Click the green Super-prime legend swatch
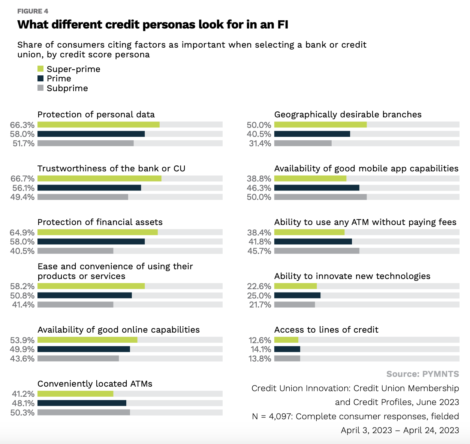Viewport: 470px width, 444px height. click(x=40, y=69)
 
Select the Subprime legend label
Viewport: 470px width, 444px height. click(x=67, y=88)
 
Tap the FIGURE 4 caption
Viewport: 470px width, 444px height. click(x=33, y=11)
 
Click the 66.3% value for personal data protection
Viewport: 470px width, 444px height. click(x=22, y=125)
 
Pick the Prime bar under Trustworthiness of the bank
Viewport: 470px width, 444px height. click(x=89, y=188)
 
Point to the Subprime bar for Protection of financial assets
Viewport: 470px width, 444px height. click(x=75, y=251)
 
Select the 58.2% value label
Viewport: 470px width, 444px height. click(x=22, y=286)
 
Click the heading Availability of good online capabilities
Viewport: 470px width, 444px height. click(x=118, y=330)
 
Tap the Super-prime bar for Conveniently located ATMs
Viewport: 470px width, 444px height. click(x=75, y=394)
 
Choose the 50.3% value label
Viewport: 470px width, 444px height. click(x=22, y=412)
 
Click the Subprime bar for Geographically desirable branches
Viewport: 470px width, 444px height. click(x=303, y=143)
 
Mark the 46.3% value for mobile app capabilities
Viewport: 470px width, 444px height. click(x=259, y=188)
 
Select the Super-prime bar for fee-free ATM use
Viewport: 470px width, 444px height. click(x=309, y=232)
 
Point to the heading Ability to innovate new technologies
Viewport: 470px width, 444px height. click(x=352, y=276)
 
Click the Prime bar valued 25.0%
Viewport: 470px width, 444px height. click(x=297, y=295)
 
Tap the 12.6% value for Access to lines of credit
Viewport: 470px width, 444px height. click(x=260, y=340)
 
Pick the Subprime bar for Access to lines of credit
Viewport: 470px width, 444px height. click(x=287, y=358)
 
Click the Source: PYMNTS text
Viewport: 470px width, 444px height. click(x=422, y=374)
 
